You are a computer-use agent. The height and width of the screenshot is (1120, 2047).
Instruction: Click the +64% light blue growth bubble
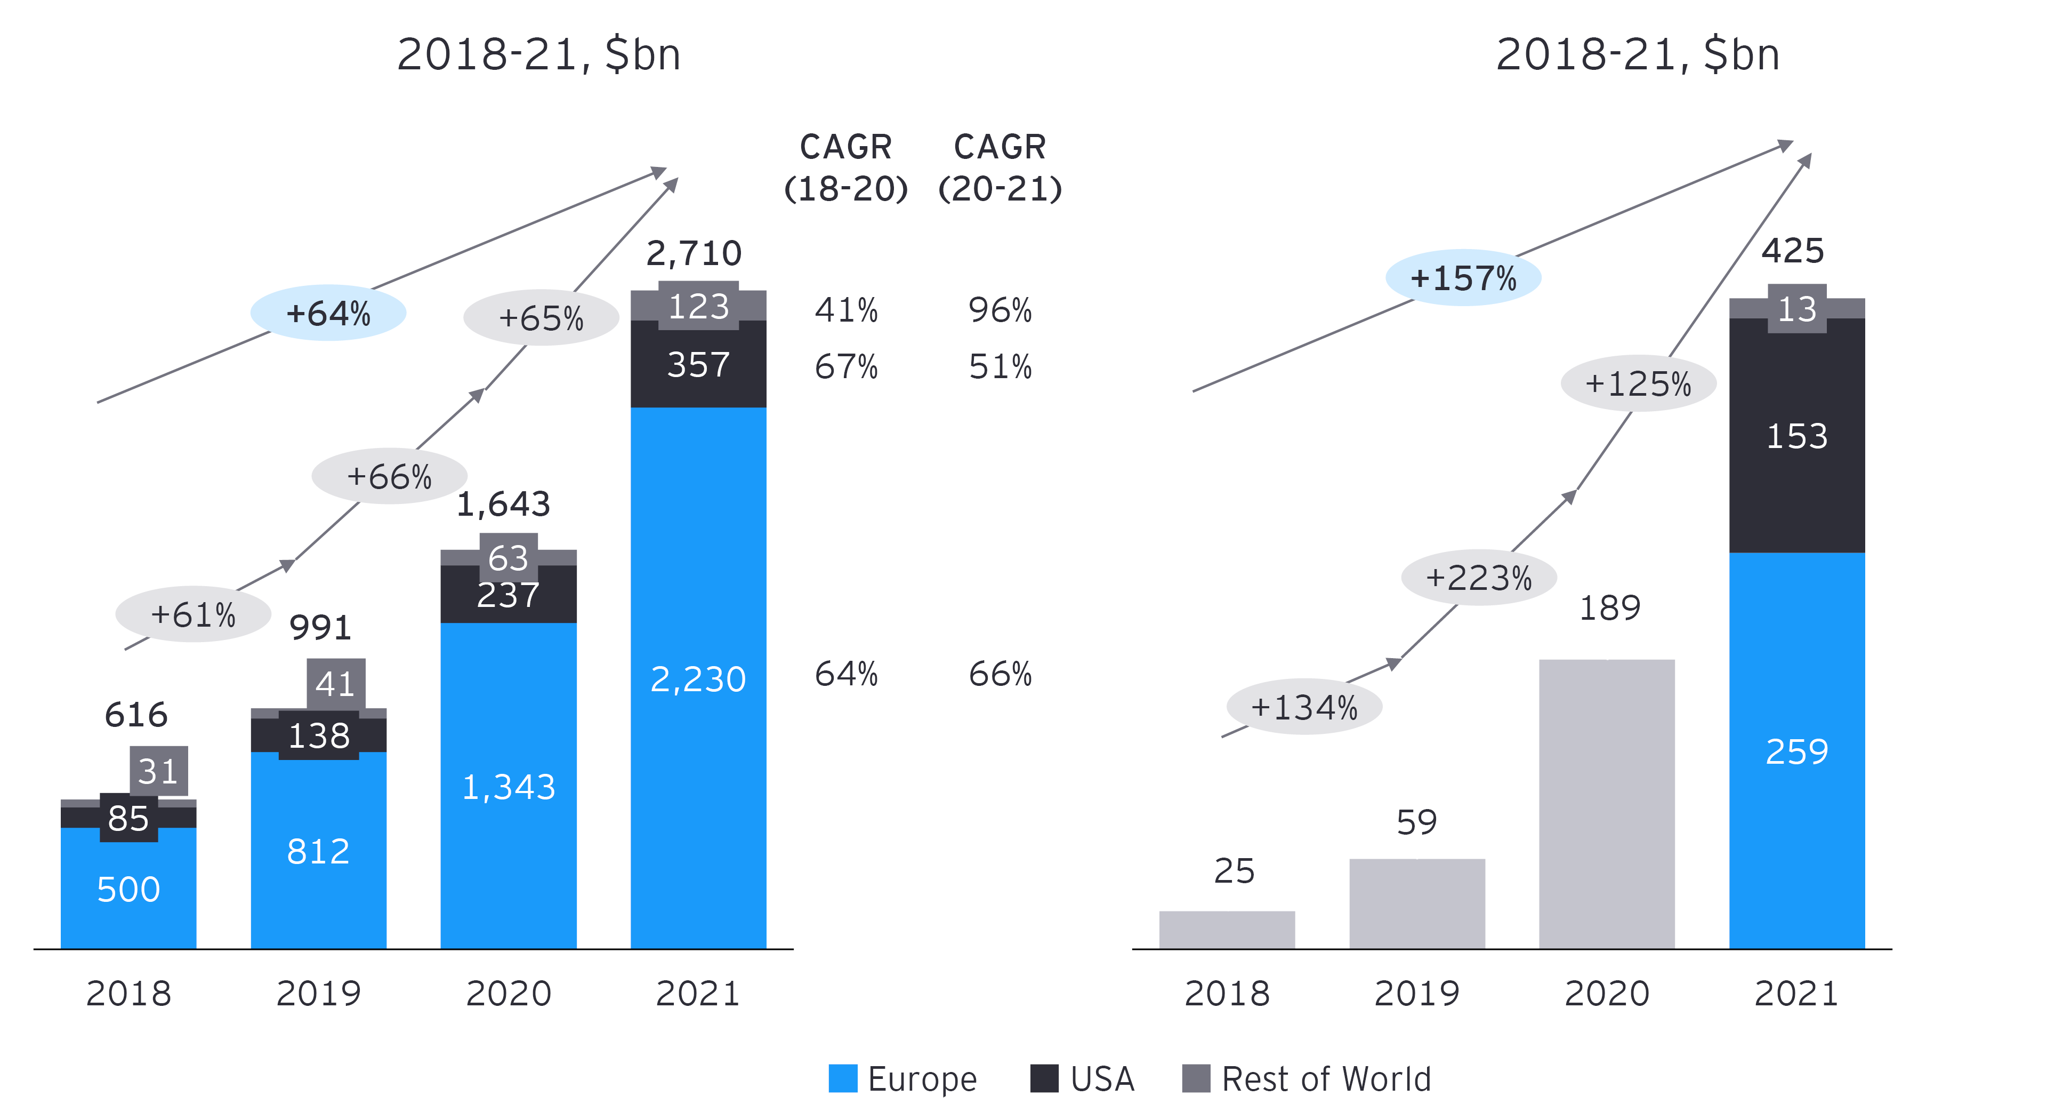[x=328, y=313]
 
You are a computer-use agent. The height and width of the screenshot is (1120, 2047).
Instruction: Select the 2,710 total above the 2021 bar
[x=694, y=253]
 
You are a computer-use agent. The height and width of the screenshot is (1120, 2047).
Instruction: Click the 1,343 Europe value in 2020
[x=509, y=787]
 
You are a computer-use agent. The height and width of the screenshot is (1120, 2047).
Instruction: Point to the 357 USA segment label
[x=698, y=365]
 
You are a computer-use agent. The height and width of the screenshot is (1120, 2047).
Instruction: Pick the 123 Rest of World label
[x=698, y=307]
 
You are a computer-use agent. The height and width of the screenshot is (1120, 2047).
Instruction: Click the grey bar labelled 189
[x=1607, y=803]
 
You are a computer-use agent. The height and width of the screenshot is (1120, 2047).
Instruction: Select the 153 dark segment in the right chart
[x=1796, y=436]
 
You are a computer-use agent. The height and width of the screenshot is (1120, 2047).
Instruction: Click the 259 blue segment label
[x=1796, y=751]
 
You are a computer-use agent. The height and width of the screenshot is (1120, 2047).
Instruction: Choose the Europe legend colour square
[x=842, y=1078]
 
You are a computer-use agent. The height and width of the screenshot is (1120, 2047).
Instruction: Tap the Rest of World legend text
[x=1325, y=1078]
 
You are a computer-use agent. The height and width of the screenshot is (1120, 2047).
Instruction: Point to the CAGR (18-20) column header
[x=845, y=167]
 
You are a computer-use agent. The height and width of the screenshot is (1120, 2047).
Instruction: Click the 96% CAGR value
[x=1000, y=310]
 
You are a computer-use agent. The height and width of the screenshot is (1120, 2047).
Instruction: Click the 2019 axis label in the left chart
[x=319, y=994]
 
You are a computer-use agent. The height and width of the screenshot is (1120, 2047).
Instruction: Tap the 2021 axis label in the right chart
[x=1796, y=994]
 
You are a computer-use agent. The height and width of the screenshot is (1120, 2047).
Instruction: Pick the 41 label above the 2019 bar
[x=335, y=684]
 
